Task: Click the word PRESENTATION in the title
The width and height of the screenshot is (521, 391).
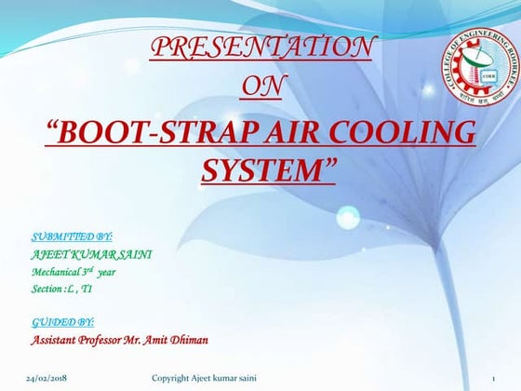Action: (x=263, y=47)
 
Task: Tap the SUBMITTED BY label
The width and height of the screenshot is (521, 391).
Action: (x=72, y=237)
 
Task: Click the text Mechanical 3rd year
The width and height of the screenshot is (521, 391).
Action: (x=73, y=272)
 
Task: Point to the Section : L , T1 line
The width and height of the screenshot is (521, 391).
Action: (x=61, y=290)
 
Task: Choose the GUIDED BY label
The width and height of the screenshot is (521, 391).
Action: (x=62, y=322)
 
